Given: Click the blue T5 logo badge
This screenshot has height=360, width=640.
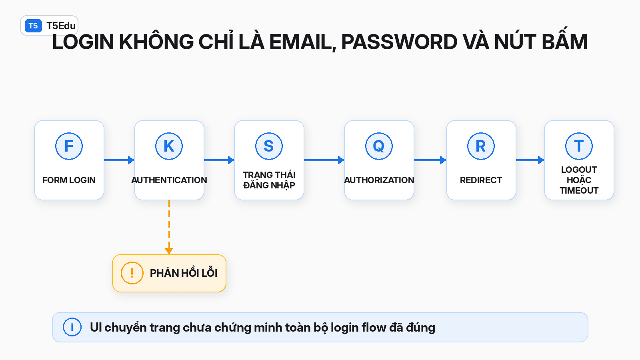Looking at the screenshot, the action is click(x=33, y=26).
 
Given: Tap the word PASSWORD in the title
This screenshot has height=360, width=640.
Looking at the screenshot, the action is click(x=399, y=42).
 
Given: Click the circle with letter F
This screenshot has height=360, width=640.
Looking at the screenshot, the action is click(x=69, y=146).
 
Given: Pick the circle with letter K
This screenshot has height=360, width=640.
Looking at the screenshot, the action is click(x=169, y=146).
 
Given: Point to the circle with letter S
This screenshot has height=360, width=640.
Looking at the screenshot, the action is click(x=269, y=146).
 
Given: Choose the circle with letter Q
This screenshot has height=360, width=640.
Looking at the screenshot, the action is click(x=379, y=146).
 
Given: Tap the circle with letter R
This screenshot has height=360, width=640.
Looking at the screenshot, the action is click(x=481, y=146).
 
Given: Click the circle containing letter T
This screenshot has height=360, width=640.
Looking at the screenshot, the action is click(x=579, y=146).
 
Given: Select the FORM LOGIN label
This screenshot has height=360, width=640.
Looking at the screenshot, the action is click(x=69, y=180).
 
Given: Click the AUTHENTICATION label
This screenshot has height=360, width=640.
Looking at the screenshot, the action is click(x=169, y=180).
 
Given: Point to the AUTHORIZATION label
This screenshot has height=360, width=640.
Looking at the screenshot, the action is click(x=379, y=180).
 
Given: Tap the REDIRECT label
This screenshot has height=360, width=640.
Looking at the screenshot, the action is click(x=481, y=180).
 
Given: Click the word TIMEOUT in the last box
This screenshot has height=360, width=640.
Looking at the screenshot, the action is click(x=579, y=190).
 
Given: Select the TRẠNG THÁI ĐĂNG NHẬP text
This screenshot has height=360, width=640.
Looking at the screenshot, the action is click(x=269, y=180).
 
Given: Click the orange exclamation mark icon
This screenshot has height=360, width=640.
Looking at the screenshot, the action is click(x=132, y=273).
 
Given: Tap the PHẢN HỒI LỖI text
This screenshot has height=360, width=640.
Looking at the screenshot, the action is click(x=184, y=273).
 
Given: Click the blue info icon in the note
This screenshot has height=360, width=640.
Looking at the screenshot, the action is click(x=72, y=327).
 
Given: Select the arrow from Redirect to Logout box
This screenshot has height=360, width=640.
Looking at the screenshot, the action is click(x=530, y=160).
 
